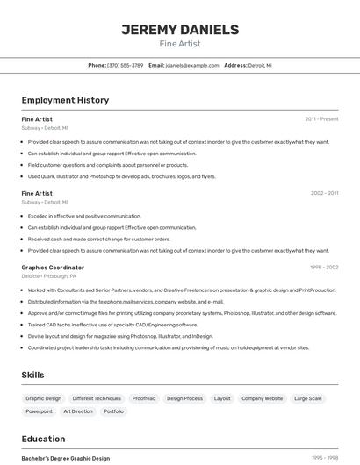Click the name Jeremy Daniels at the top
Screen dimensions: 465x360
[x=180, y=29]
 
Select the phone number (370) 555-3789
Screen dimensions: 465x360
[x=125, y=65]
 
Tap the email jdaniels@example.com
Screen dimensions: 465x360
[x=192, y=65]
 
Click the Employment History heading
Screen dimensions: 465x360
[x=65, y=100]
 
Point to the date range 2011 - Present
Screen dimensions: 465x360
[x=321, y=118]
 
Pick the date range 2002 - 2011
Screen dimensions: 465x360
[x=324, y=193]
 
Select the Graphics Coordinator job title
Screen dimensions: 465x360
[x=53, y=268]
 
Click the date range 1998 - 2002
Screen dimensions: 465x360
[x=324, y=268]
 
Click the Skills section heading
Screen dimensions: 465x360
[x=32, y=375]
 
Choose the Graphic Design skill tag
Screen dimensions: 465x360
[x=43, y=398]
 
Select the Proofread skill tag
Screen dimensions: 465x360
[x=143, y=398]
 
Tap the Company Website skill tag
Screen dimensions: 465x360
[x=262, y=398]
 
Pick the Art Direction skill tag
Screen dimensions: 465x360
[x=77, y=411]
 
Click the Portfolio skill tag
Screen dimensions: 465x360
[x=113, y=411]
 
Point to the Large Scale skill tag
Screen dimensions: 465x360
[x=307, y=398]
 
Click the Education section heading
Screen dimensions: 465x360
[x=43, y=439]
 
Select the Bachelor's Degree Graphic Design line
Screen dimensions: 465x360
[x=66, y=458]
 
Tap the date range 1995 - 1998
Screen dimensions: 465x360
[x=325, y=458]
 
